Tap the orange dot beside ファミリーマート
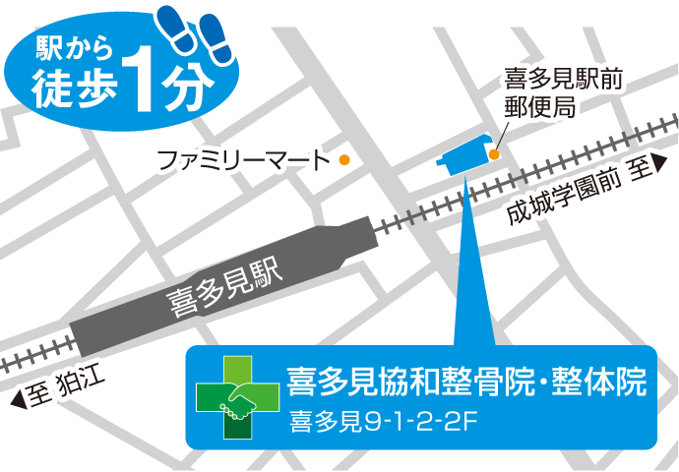point(344,159)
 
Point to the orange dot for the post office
point(494,154)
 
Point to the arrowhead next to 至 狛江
point(18,398)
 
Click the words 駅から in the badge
point(70,48)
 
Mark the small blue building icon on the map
point(464,154)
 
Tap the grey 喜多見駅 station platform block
point(197,295)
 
